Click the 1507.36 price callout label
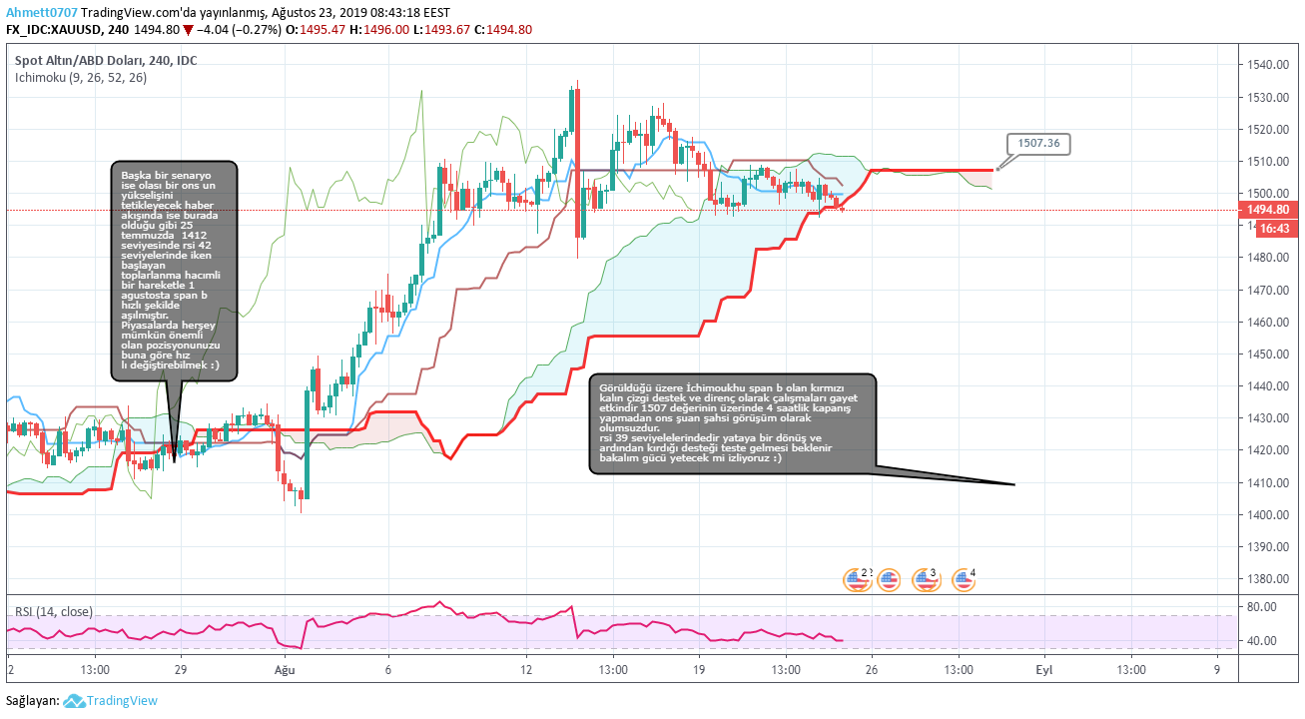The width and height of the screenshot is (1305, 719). click(x=1038, y=144)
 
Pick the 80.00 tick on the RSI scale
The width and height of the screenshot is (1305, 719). click(x=1262, y=606)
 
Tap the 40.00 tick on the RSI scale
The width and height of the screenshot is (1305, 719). click(x=1262, y=641)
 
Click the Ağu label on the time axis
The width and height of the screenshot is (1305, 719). click(x=285, y=670)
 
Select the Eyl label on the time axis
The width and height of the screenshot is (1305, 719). click(x=1043, y=670)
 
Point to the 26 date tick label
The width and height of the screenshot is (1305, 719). click(x=872, y=670)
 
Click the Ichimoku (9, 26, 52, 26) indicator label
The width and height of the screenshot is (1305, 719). click(x=81, y=78)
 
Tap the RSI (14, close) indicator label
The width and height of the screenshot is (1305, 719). click(x=54, y=611)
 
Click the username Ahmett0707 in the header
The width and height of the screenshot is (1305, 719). click(x=40, y=12)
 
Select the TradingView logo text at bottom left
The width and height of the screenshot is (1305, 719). click(x=122, y=701)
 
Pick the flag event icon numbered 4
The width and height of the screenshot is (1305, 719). click(x=964, y=578)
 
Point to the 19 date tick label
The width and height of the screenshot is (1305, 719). click(x=699, y=670)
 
